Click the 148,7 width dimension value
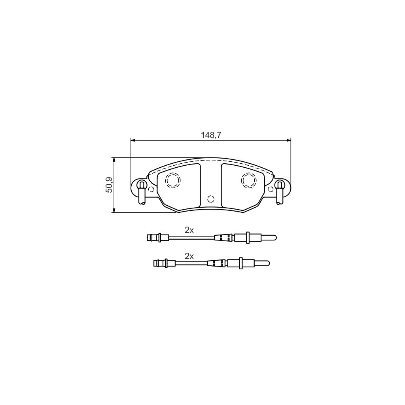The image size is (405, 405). pos(210,134)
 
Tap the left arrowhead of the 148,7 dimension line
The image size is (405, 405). pos(133,140)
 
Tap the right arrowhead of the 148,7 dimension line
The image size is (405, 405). pos(288,140)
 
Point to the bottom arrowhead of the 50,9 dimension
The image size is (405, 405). pos(114,210)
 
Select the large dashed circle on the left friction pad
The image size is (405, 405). pos(172,180)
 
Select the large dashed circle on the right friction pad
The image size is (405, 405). pos(249,180)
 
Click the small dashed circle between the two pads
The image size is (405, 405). pos(210,199)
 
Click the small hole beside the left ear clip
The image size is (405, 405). pos(151,189)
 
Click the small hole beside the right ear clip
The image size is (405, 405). pos(271,189)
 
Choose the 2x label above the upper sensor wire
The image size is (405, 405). pos(189,230)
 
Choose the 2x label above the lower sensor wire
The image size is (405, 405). pos(189,256)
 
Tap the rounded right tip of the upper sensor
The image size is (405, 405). pos(274,238)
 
